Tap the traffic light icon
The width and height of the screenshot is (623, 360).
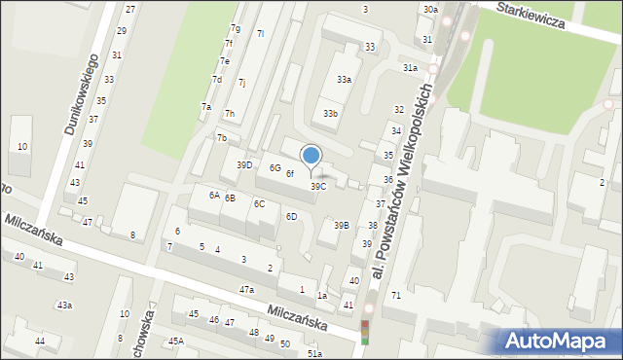pyautogui.click(x=366, y=332)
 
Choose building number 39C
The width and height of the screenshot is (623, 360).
pyautogui.click(x=318, y=186)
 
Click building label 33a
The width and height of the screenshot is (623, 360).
pyautogui.click(x=344, y=80)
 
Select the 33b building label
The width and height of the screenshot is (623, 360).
pyautogui.click(x=331, y=114)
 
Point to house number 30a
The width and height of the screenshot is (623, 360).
pyautogui.click(x=430, y=9)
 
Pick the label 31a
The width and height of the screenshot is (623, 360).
pyautogui.click(x=411, y=68)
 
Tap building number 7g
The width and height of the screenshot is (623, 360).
pyautogui.click(x=236, y=28)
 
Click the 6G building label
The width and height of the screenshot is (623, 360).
pyautogui.click(x=275, y=167)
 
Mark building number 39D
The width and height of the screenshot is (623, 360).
pyautogui.click(x=244, y=164)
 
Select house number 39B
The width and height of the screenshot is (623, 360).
pyautogui.click(x=341, y=225)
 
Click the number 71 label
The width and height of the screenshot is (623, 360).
pyautogui.click(x=396, y=295)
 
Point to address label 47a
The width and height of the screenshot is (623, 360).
pyautogui.click(x=247, y=290)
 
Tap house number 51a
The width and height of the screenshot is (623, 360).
pyautogui.click(x=314, y=354)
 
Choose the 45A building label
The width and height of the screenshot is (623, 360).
pyautogui.click(x=175, y=341)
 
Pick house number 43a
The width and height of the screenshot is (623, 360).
pyautogui.click(x=63, y=306)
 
